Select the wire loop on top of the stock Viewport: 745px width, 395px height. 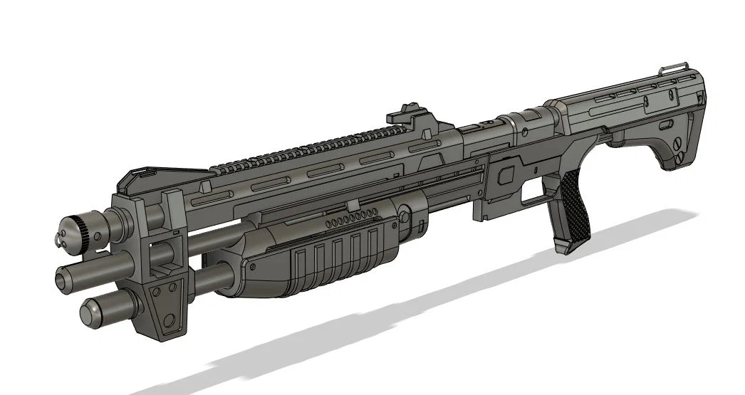[674, 66]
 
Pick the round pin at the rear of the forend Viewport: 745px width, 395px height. [404, 214]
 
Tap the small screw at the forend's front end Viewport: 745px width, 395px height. [251, 268]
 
